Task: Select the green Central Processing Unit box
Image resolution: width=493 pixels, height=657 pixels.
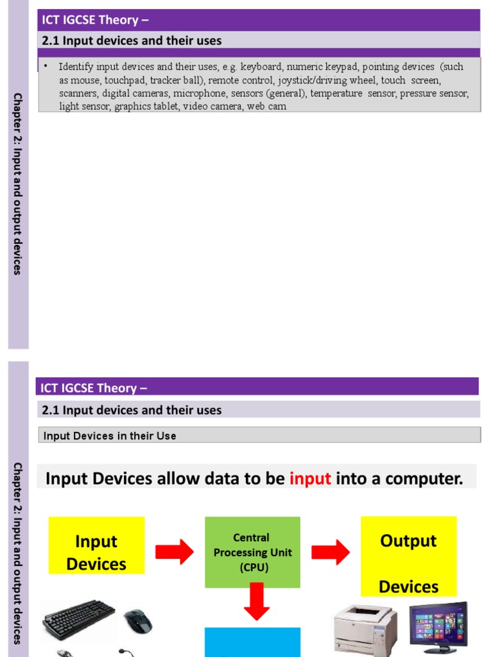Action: (252, 552)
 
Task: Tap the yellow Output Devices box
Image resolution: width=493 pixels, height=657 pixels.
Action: (408, 556)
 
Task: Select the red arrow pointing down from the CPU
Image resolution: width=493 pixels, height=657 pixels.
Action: (257, 601)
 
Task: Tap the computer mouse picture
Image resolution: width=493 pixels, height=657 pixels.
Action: (138, 620)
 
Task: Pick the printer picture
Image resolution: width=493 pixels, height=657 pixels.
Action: (365, 629)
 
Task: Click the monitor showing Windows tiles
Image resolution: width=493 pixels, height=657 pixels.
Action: (438, 626)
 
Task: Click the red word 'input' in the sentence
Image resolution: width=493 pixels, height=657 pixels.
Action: (310, 479)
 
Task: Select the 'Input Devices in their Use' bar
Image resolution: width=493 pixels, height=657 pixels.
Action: (259, 436)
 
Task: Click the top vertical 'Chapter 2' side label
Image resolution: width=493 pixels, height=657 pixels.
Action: (17, 183)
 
